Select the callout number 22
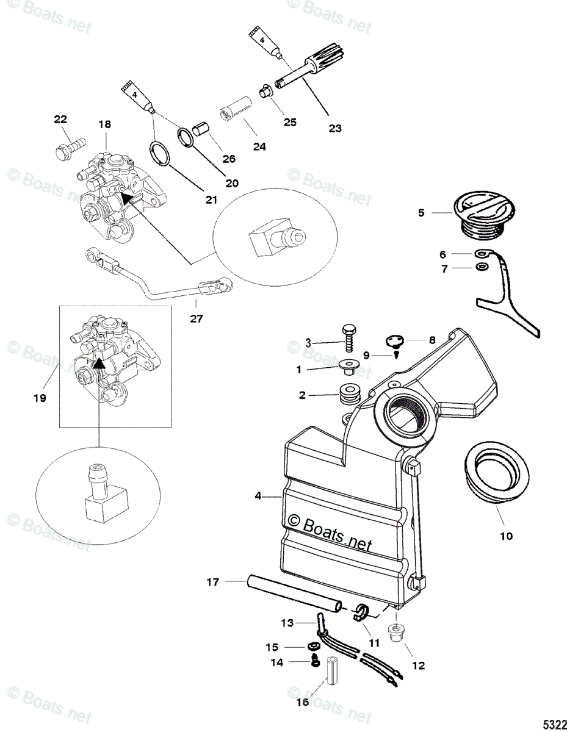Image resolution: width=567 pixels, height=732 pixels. click(x=60, y=120)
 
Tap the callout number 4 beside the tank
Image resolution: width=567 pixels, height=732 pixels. click(x=258, y=497)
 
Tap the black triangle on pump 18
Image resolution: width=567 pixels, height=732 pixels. click(x=126, y=198)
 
